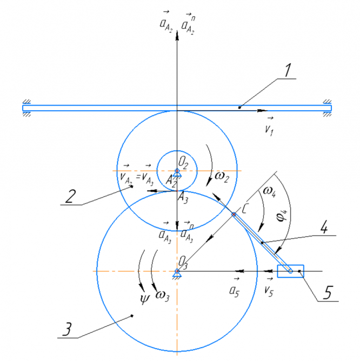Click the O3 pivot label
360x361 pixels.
tap(184, 264)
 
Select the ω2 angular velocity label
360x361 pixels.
tap(221, 176)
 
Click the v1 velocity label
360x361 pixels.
tap(268, 126)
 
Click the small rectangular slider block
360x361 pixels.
tap(291, 271)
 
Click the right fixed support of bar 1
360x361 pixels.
tap(328, 108)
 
